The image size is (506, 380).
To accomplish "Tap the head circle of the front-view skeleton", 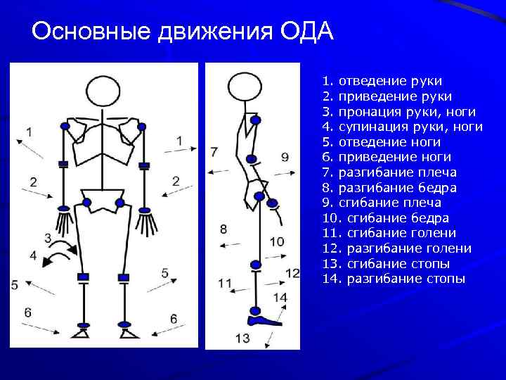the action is [104, 92].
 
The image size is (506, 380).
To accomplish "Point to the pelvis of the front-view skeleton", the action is [103, 200].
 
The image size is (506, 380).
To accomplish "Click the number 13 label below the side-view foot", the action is [242, 338].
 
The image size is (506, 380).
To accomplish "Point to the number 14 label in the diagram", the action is [280, 298].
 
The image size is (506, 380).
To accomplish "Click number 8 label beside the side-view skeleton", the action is [223, 229].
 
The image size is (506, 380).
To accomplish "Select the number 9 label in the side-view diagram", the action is [285, 157].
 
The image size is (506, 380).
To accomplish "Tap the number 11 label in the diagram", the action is [225, 283].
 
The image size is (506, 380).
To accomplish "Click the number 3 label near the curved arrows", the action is [48, 237].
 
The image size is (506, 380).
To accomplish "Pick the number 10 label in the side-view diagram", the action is [277, 242].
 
